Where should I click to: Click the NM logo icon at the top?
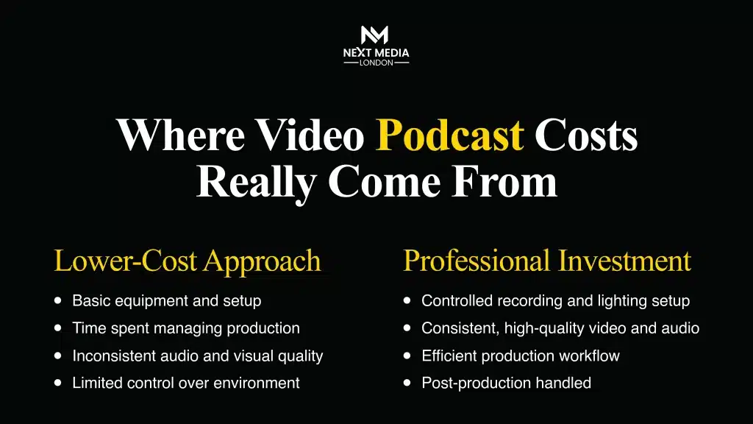[x=376, y=35]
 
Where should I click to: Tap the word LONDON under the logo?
[x=376, y=63]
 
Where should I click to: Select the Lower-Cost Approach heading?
[x=188, y=261]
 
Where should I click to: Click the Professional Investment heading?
[x=547, y=261]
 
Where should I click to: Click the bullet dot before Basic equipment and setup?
[x=58, y=300]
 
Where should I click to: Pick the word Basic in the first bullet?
[x=88, y=301]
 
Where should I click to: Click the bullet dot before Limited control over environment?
[x=58, y=383]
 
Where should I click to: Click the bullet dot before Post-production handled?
[x=407, y=383]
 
